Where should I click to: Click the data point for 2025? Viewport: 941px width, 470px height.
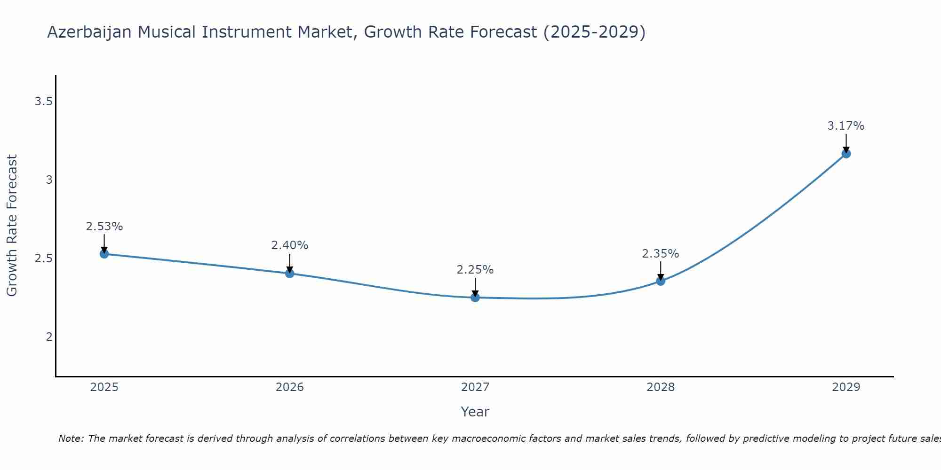click(x=104, y=254)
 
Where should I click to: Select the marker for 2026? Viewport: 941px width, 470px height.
click(x=289, y=273)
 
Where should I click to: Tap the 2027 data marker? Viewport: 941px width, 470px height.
click(x=475, y=297)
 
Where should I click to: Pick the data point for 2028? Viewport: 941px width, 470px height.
click(x=660, y=281)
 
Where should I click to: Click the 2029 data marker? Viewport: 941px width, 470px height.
click(x=845, y=153)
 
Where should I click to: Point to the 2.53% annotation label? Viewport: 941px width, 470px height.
click(x=104, y=227)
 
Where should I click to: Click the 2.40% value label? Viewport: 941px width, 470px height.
click(x=289, y=245)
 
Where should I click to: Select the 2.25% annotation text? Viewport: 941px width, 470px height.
click(x=475, y=270)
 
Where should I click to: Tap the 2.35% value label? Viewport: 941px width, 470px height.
click(x=660, y=254)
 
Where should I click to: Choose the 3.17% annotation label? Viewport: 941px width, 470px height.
click(x=845, y=126)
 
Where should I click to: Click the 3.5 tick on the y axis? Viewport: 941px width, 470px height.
click(x=43, y=101)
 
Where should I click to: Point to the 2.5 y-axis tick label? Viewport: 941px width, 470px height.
click(x=43, y=258)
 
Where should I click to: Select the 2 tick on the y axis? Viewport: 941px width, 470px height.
click(x=49, y=337)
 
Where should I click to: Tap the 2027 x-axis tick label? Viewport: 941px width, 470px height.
click(x=475, y=387)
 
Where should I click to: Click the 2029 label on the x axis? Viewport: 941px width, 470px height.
click(x=845, y=387)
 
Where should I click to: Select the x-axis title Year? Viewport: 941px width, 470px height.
click(x=475, y=412)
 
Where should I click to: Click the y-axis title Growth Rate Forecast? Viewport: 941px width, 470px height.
click(x=12, y=226)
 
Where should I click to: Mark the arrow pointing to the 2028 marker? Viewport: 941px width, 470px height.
click(x=660, y=270)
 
